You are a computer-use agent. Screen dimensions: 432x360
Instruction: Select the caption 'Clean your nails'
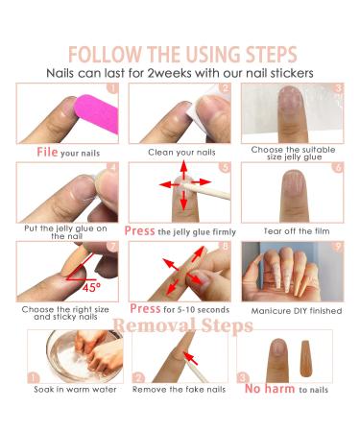click(180, 152)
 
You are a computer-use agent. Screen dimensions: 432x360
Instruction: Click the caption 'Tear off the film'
click(293, 230)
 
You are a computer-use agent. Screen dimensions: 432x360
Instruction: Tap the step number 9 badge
click(337, 248)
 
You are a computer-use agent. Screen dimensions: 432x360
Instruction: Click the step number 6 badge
click(337, 168)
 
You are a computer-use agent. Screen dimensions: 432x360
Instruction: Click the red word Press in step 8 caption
click(145, 309)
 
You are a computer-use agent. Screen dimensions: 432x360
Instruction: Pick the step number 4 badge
click(113, 168)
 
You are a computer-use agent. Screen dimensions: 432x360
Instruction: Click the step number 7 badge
click(113, 248)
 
